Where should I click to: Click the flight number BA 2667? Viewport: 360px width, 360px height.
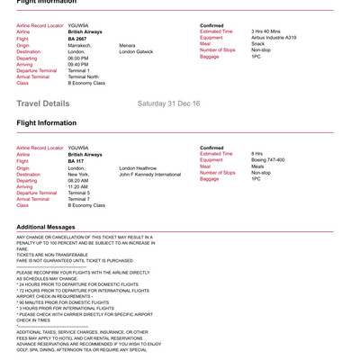[x=77, y=39]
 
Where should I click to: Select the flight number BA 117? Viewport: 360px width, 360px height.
[x=76, y=161]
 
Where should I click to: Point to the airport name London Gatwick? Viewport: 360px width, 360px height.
[x=137, y=51]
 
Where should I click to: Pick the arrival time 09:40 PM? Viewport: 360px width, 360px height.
[x=78, y=64]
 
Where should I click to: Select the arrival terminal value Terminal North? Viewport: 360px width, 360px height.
[x=84, y=76]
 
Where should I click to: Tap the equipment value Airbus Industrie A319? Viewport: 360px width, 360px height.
[x=274, y=38]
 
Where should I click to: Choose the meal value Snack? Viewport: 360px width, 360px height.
[x=257, y=44]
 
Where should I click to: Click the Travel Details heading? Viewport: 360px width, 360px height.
[x=42, y=103]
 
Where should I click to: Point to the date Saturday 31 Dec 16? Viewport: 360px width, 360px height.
[x=168, y=103]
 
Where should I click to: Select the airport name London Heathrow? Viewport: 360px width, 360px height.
[x=138, y=167]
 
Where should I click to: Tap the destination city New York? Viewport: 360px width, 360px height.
[x=79, y=174]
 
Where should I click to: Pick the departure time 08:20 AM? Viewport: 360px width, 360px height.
[x=78, y=180]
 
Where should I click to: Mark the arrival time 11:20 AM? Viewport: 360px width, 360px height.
[x=78, y=186]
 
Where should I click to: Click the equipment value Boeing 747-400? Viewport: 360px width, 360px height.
[x=268, y=160]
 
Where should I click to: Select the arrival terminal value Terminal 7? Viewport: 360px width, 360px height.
[x=79, y=199]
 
